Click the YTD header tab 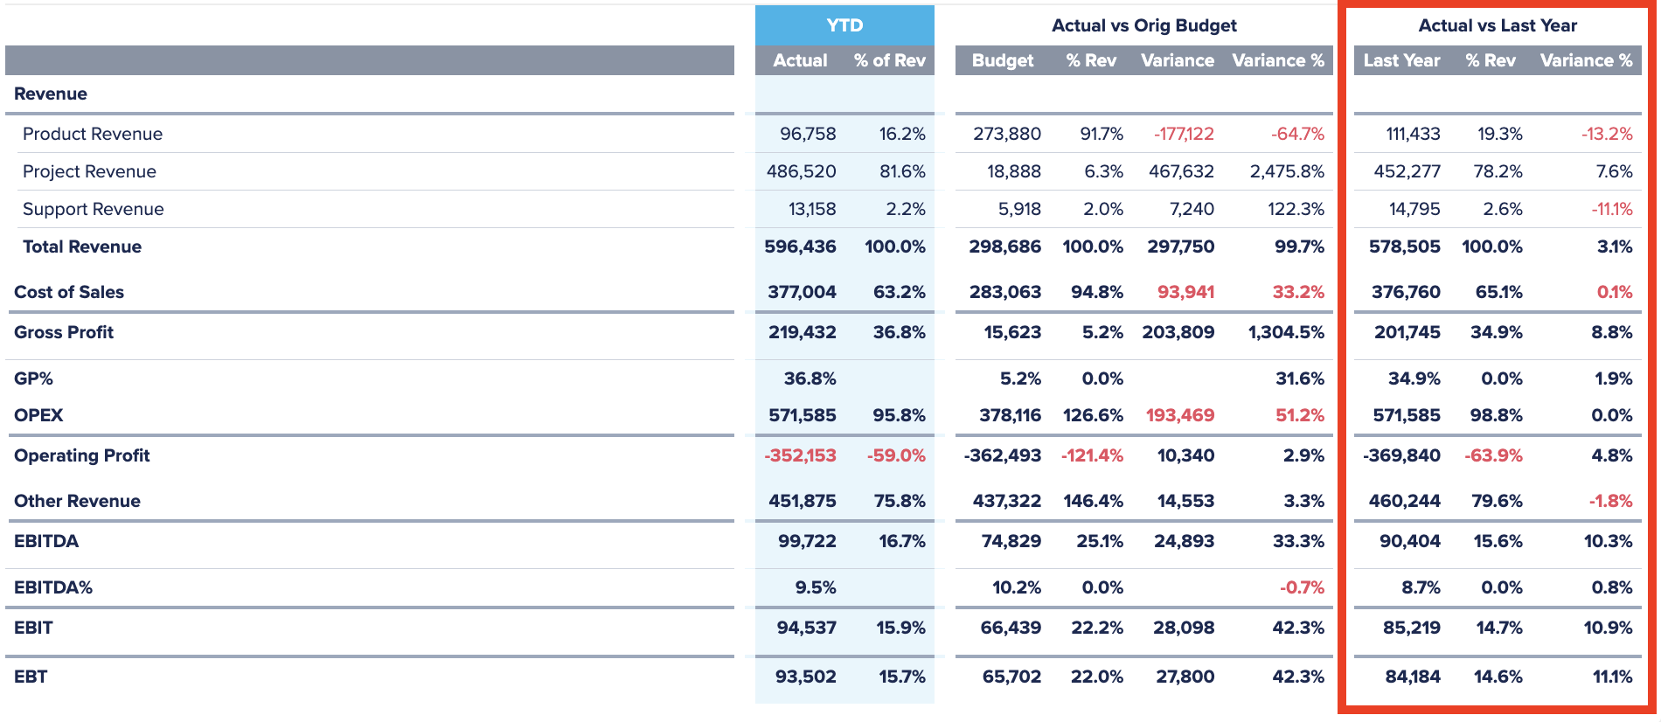(x=844, y=25)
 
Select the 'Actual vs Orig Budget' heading (x=1143, y=25)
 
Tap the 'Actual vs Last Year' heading (x=1497, y=25)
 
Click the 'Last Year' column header (x=1400, y=60)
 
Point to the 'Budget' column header (x=1002, y=60)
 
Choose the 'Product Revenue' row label (x=93, y=134)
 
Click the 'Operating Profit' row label (x=82, y=455)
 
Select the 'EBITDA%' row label (x=53, y=587)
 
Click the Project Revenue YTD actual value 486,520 (x=801, y=171)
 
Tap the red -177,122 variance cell (x=1184, y=134)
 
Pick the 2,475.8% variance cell (x=1287, y=171)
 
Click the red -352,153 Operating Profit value (x=800, y=455)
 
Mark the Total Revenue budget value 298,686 (x=1004, y=246)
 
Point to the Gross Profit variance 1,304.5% (x=1286, y=332)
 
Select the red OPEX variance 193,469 (x=1180, y=415)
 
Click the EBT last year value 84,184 (x=1412, y=677)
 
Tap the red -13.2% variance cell (x=1606, y=134)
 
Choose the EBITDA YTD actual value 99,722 (x=806, y=541)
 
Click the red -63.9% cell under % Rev (x=1493, y=455)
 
